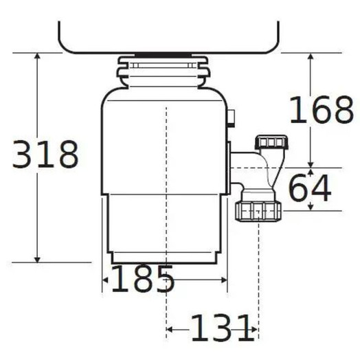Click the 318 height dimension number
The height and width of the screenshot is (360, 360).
point(45,155)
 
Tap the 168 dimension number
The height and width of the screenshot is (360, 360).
point(320,110)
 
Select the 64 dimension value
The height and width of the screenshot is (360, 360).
point(308,189)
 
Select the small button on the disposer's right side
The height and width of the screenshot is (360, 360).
point(232,119)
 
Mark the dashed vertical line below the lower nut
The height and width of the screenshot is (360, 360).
point(258,275)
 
